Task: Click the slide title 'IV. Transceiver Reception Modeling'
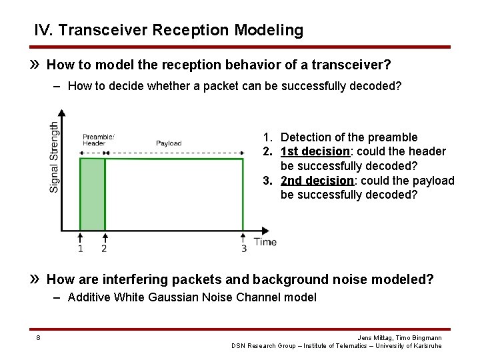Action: pyautogui.click(x=169, y=30)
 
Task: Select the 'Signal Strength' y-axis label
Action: pyautogui.click(x=54, y=157)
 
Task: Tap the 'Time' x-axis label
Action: pyautogui.click(x=265, y=242)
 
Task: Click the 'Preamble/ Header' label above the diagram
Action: pyautogui.click(x=98, y=139)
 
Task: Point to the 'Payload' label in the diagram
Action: pyautogui.click(x=169, y=143)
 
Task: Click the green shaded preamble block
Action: pyautogui.click(x=93, y=194)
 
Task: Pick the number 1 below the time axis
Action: pyautogui.click(x=80, y=249)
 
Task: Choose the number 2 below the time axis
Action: pyautogui.click(x=104, y=249)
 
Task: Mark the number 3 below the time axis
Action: pyautogui.click(x=243, y=249)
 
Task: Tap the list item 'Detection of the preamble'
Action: pyautogui.click(x=349, y=137)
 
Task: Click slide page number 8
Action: pyautogui.click(x=38, y=338)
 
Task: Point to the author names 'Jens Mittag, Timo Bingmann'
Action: pyautogui.click(x=399, y=338)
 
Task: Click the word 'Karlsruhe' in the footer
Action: pyautogui.click(x=427, y=346)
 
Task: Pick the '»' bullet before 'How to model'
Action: pyautogui.click(x=37, y=65)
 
